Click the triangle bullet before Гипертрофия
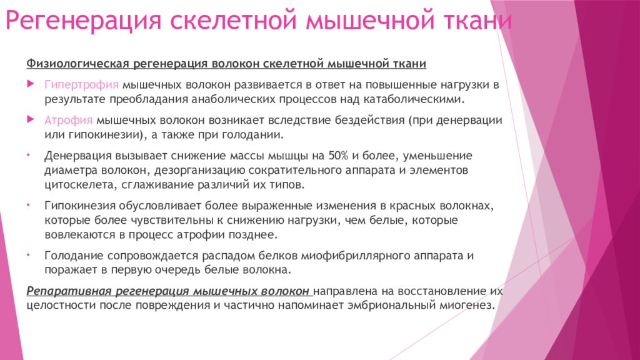pos(31,84)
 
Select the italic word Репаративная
pos(68,291)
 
